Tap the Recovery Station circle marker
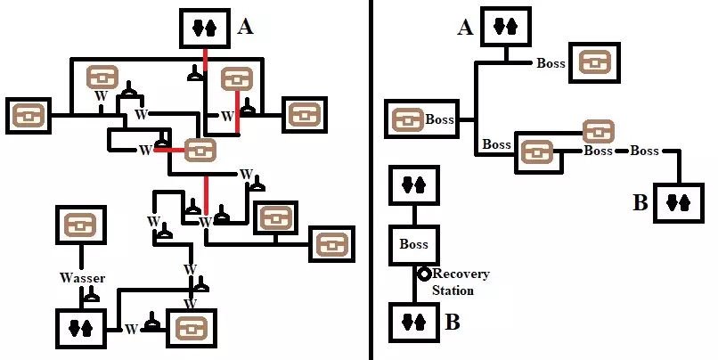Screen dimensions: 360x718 coord(426,274)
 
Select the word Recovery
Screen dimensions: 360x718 coord(461,274)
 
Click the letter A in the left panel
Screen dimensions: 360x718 coord(246,28)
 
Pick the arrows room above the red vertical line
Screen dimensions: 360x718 coord(205,29)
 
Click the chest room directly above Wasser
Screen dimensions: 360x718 coord(83,229)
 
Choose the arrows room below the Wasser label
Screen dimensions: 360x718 coord(81,329)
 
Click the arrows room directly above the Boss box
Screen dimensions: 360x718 coord(414,185)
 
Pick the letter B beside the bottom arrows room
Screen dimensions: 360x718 coord(453,322)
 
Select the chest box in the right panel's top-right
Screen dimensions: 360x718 coord(596,64)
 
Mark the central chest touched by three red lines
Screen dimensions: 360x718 coord(200,151)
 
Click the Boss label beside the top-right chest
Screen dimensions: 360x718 coord(552,63)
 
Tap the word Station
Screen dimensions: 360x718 coord(453,290)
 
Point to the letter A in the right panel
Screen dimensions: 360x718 coord(464,29)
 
